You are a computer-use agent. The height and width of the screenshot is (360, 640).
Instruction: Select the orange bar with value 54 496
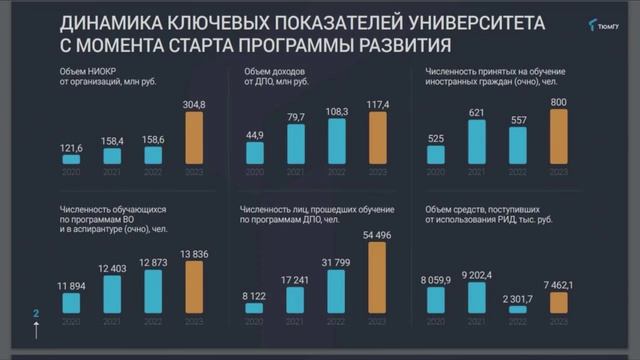point(379,273)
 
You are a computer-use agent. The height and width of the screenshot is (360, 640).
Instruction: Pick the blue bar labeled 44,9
point(254,153)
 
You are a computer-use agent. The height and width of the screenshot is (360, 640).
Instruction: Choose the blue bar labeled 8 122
point(254,308)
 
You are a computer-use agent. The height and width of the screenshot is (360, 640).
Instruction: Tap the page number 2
point(36,314)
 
